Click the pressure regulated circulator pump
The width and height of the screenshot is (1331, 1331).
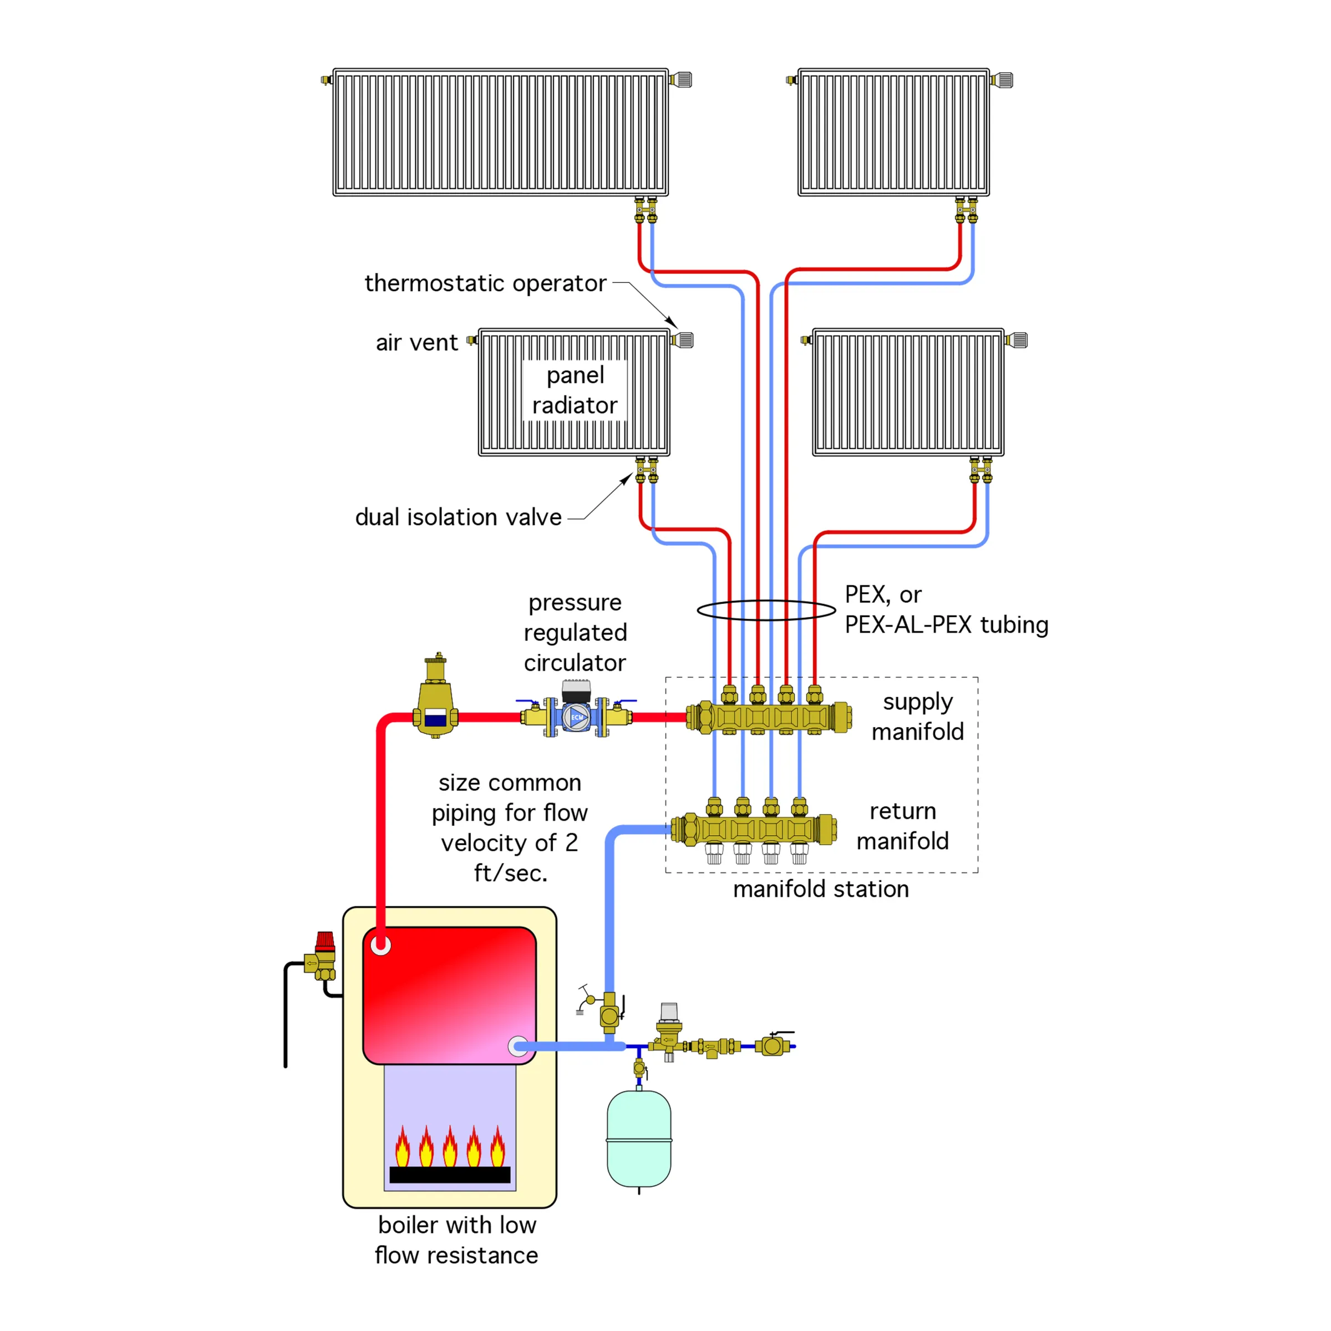[x=576, y=716]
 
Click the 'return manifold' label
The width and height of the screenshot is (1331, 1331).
[x=902, y=825]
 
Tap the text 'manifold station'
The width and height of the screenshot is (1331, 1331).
[x=821, y=890]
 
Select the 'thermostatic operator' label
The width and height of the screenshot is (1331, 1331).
[x=485, y=283]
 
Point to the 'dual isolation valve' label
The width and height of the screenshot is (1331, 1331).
[x=458, y=517]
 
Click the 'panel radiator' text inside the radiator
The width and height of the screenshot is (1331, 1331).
[x=575, y=390]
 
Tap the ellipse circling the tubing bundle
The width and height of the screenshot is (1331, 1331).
[x=766, y=609]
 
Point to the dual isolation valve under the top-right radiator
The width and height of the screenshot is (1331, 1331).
[x=966, y=210]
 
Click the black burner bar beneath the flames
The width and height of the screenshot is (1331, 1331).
[x=450, y=1175]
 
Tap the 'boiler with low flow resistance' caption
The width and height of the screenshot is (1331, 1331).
[x=456, y=1240]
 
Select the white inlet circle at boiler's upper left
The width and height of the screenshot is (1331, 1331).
[x=381, y=945]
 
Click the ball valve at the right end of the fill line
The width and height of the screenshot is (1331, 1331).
[x=773, y=1046]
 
